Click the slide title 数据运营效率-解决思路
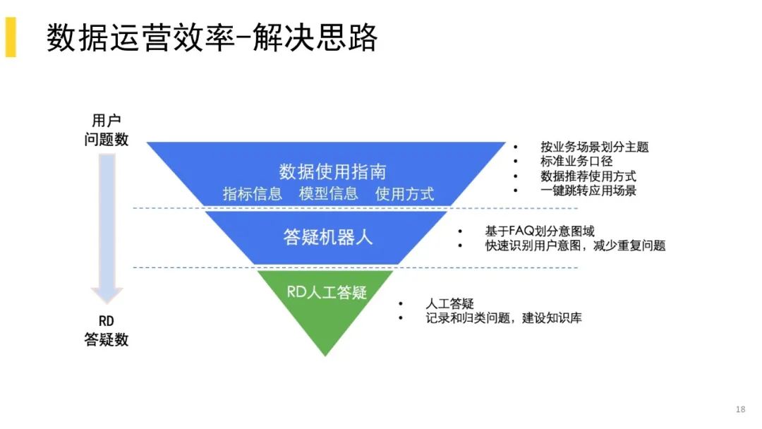(x=212, y=37)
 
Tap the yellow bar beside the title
(x=11, y=37)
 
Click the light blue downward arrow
(x=107, y=219)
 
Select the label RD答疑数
(x=107, y=331)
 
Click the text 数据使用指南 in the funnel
(x=332, y=171)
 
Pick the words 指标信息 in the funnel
(x=253, y=193)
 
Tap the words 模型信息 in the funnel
(x=328, y=193)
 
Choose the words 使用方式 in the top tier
(x=404, y=193)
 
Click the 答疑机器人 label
(x=327, y=237)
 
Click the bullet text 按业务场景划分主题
(x=594, y=147)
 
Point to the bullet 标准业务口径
(x=576, y=161)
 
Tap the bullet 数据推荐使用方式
(x=588, y=176)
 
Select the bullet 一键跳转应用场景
(x=588, y=191)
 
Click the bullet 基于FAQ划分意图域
(x=539, y=231)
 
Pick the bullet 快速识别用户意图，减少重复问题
(x=575, y=246)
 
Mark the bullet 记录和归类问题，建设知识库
(x=504, y=318)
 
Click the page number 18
(x=740, y=409)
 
